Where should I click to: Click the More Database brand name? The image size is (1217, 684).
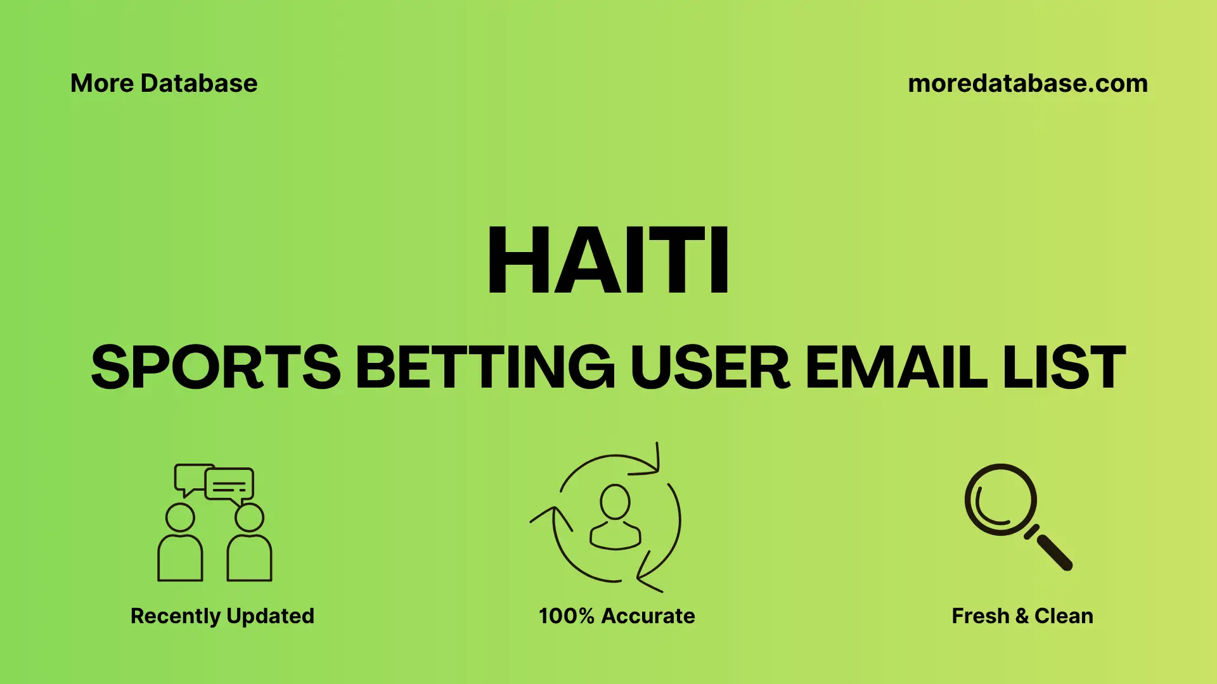point(164,84)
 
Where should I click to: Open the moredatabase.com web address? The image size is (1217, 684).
point(1027,84)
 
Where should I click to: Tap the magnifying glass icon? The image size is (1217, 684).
point(1001,500)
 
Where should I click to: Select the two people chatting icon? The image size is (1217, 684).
point(215,522)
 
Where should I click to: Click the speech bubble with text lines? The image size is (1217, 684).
point(229,485)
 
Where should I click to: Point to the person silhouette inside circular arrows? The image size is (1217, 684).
point(615,516)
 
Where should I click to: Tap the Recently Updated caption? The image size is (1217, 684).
point(222,616)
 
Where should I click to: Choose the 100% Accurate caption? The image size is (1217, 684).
point(616,616)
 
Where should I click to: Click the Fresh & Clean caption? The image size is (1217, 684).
point(1022,616)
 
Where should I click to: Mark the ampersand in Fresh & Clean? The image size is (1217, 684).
point(1022,616)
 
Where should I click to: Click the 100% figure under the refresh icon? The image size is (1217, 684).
point(566,616)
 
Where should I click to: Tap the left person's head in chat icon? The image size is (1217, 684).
point(180,517)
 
